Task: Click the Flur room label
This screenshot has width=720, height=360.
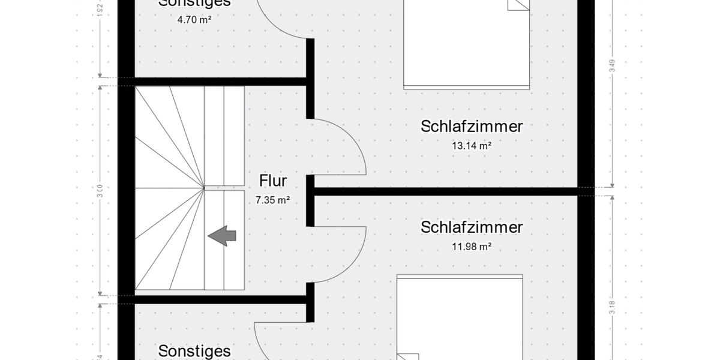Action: tap(273, 181)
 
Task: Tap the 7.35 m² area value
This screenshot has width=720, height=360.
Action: tap(273, 200)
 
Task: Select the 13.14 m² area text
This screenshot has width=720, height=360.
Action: tap(472, 145)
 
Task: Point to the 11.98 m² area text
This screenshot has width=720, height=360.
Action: tap(472, 246)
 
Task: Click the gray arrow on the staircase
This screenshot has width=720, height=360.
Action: tap(222, 236)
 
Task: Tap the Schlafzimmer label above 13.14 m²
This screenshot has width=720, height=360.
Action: tap(472, 127)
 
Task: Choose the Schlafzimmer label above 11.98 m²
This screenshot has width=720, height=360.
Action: tap(472, 227)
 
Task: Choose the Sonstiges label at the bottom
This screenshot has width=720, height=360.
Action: tap(194, 351)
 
